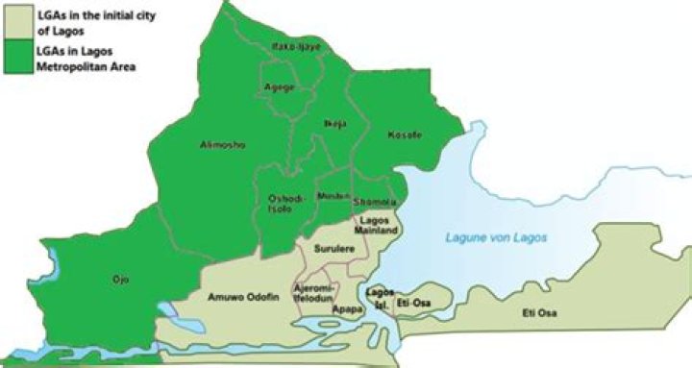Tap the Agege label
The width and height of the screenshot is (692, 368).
click(279, 86)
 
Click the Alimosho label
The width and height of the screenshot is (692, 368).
click(223, 145)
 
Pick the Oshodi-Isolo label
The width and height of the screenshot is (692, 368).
click(285, 204)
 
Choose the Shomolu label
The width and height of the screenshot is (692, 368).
click(374, 202)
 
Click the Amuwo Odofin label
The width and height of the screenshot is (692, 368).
click(243, 298)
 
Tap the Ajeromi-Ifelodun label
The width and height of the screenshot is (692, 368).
click(313, 293)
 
